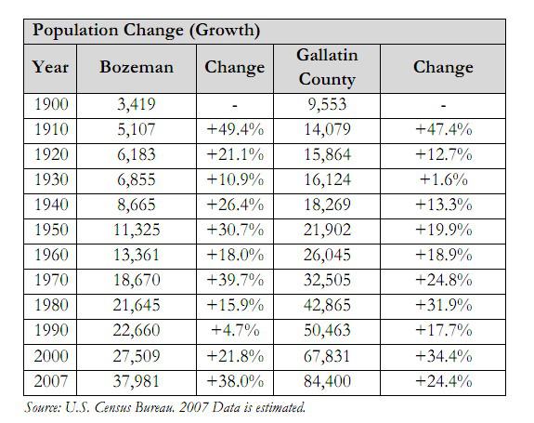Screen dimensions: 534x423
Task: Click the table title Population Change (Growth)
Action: click(x=146, y=31)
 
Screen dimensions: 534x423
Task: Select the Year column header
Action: click(x=50, y=67)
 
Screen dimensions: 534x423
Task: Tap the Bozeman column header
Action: click(x=137, y=67)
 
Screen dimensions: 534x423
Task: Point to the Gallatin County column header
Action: click(x=327, y=67)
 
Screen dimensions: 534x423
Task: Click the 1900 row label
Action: click(x=51, y=104)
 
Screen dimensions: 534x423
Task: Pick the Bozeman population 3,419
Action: click(x=137, y=104)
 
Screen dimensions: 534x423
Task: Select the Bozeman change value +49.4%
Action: click(x=235, y=129)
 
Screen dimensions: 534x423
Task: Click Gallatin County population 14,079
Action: click(x=327, y=129)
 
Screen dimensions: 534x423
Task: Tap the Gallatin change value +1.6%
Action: click(x=443, y=179)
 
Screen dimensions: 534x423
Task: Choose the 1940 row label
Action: click(x=51, y=205)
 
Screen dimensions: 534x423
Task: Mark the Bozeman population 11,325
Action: click(x=137, y=230)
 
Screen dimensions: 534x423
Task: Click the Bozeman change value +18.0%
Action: click(x=235, y=255)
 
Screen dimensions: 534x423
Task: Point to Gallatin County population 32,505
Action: click(x=327, y=280)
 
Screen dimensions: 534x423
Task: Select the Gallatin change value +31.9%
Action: click(x=443, y=305)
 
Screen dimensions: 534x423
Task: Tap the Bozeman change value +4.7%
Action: click(x=235, y=330)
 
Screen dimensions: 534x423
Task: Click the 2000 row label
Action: click(x=51, y=356)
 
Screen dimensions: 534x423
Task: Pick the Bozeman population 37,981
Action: click(x=137, y=381)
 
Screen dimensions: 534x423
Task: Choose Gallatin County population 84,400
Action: click(x=327, y=381)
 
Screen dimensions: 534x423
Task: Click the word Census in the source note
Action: click(x=113, y=408)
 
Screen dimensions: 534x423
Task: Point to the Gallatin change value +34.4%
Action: click(x=443, y=356)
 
